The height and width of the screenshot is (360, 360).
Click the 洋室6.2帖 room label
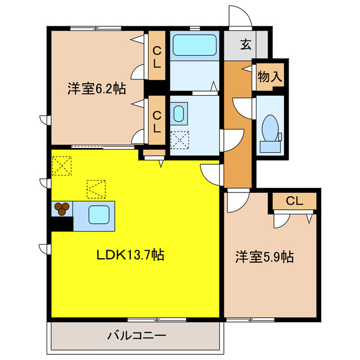tap(96, 88)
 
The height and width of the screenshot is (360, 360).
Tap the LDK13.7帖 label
tap(130, 255)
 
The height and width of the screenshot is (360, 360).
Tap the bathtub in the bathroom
tap(195, 44)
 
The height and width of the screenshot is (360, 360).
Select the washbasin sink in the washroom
tap(179, 114)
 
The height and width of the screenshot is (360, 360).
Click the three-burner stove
tap(62, 209)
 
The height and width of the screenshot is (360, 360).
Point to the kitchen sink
tap(98, 215)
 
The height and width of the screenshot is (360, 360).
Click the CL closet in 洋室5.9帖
tap(294, 201)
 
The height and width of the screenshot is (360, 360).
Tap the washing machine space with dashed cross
tap(180, 139)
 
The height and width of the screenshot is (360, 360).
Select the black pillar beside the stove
tap(61, 223)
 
